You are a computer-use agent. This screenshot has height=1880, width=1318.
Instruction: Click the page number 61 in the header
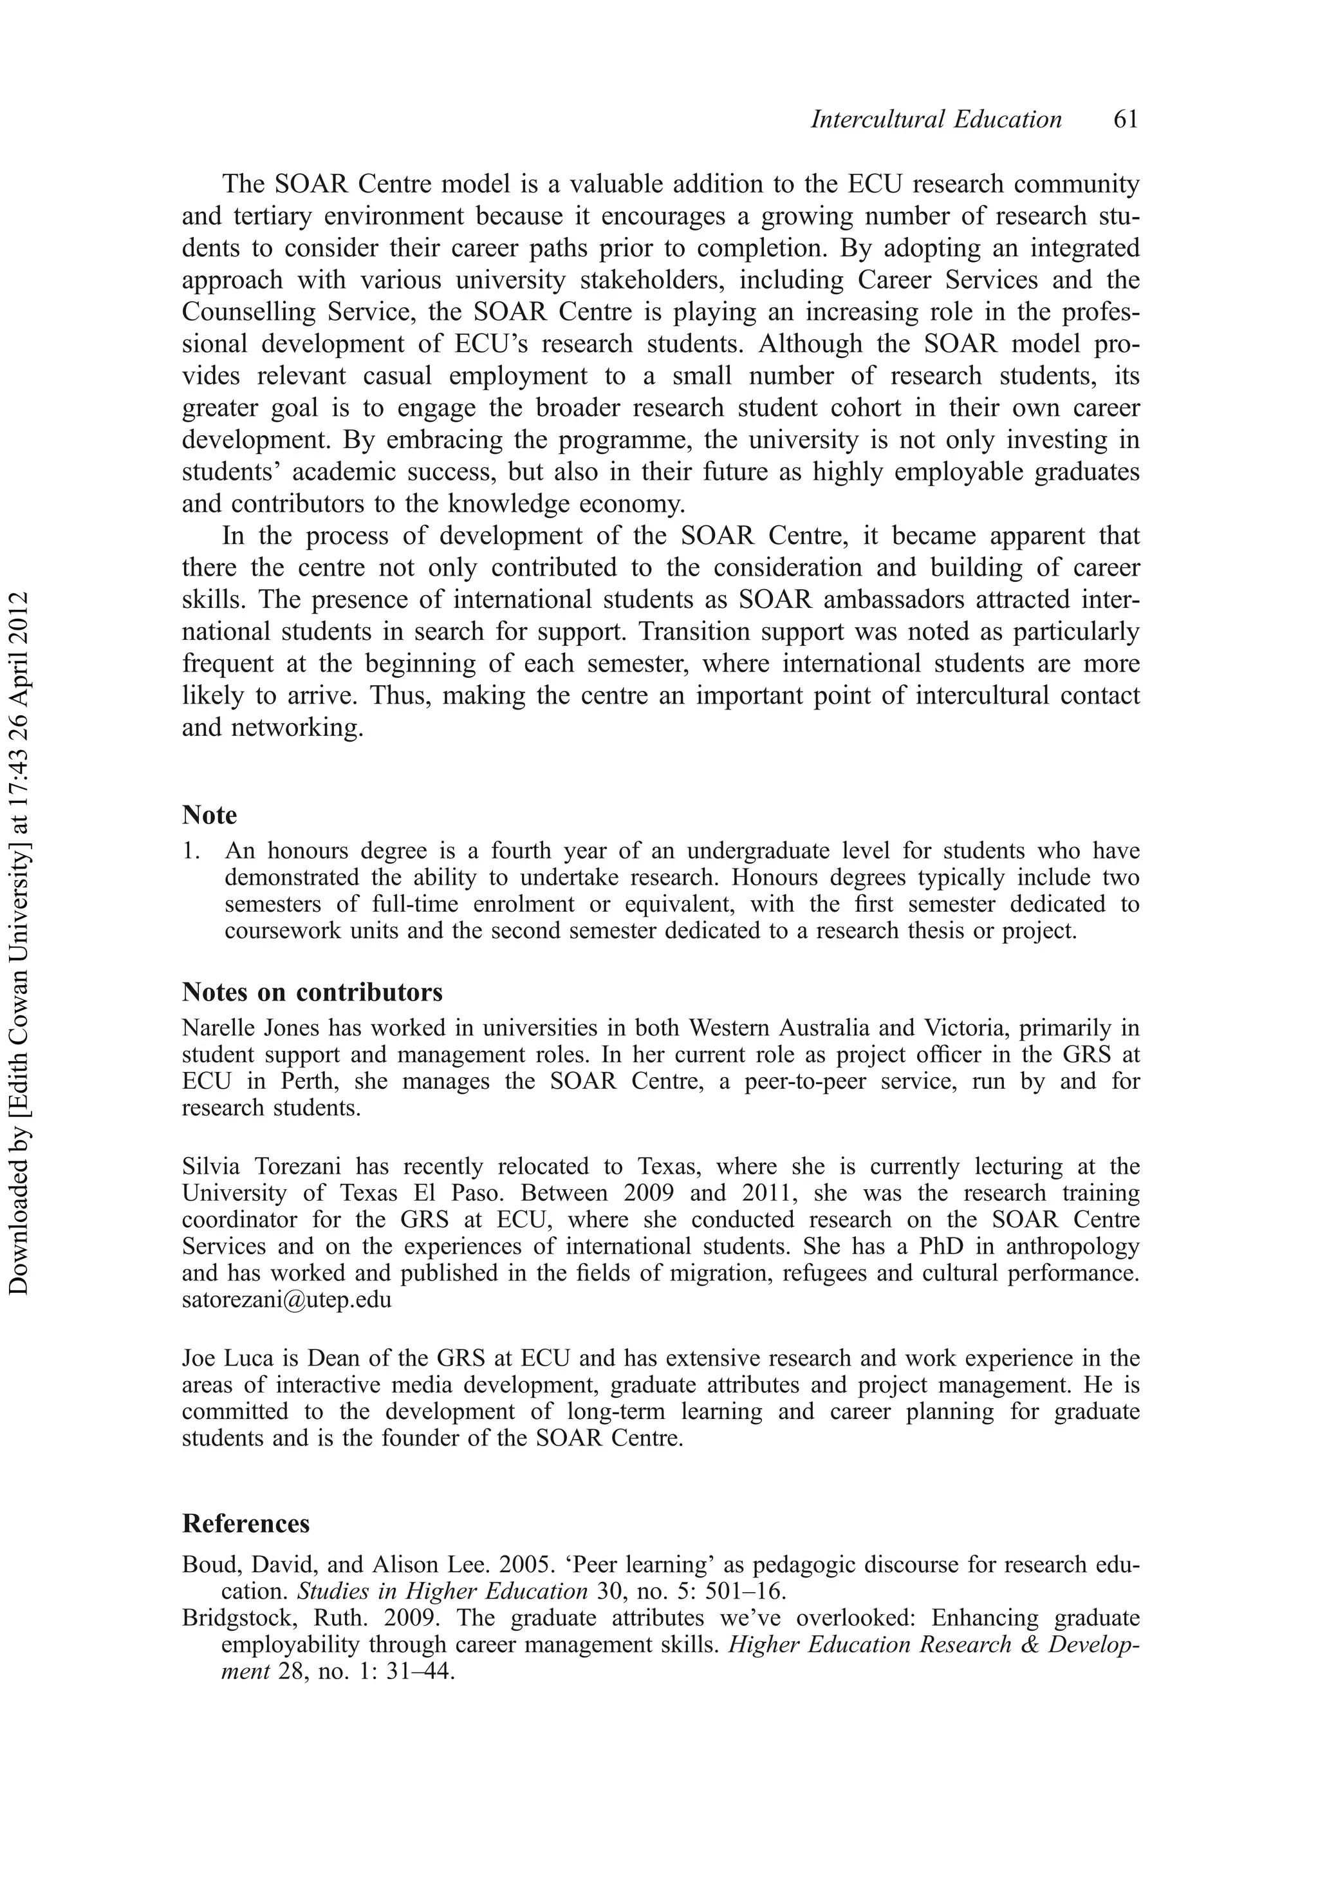(x=1125, y=120)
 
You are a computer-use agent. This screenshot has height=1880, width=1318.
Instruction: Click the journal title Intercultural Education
(x=936, y=120)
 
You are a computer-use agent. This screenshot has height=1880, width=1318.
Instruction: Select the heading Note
(x=210, y=816)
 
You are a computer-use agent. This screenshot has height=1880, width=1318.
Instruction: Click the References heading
(x=246, y=1523)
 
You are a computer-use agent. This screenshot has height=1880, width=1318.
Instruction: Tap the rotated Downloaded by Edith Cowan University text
(x=18, y=942)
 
